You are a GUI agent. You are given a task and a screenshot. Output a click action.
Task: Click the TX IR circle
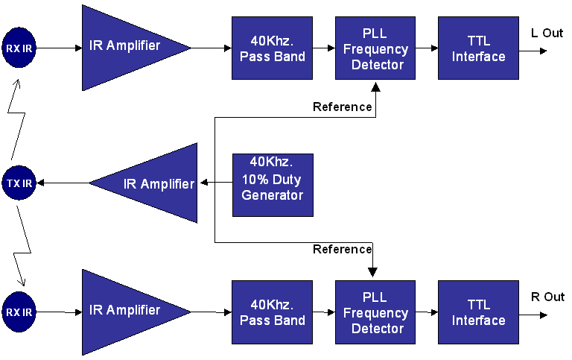(x=19, y=183)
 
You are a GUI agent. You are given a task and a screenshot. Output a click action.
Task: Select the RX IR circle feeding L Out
(x=19, y=48)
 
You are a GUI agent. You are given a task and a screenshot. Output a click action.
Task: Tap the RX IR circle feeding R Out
(x=19, y=312)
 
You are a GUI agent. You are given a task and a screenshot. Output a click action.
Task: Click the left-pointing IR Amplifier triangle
(x=143, y=183)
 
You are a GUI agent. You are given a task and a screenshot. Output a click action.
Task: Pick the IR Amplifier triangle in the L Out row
(x=136, y=48)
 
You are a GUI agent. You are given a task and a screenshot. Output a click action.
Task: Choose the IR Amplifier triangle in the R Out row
(x=136, y=312)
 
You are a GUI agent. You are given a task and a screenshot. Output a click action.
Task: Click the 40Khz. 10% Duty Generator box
(x=273, y=185)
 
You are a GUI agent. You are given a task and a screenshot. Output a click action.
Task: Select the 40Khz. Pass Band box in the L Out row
(x=272, y=48)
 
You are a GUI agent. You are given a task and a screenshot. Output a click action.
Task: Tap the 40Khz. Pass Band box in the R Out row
(x=272, y=312)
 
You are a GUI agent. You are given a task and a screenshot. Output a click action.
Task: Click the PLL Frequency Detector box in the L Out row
(x=375, y=48)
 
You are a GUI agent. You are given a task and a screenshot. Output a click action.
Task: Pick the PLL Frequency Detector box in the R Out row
(x=375, y=312)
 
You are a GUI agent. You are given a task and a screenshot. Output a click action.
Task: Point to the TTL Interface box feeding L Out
(x=479, y=48)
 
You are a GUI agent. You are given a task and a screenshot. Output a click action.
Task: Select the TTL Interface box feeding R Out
(x=479, y=312)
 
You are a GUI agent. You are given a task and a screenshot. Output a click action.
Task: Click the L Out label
(x=547, y=34)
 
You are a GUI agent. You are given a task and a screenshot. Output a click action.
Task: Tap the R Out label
(x=547, y=297)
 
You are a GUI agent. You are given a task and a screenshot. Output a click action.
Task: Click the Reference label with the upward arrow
(x=342, y=107)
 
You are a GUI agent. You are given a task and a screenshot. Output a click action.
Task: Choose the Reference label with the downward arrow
(x=342, y=249)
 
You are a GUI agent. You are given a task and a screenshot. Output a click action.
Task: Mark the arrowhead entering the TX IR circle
(x=40, y=183)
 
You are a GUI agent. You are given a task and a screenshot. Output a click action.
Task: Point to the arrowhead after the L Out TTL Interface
(x=544, y=51)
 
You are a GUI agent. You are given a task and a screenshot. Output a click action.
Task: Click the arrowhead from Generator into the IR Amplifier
(x=204, y=182)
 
